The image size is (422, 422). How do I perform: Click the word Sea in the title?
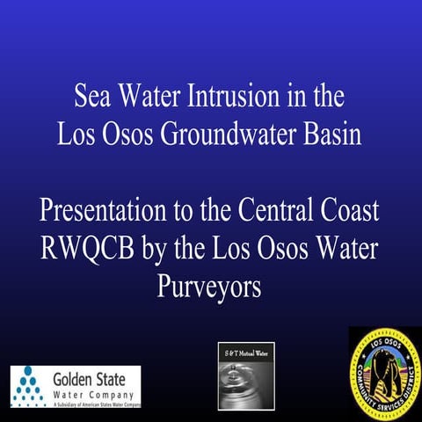click(92, 94)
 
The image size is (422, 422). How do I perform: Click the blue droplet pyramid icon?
click(32, 385)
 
